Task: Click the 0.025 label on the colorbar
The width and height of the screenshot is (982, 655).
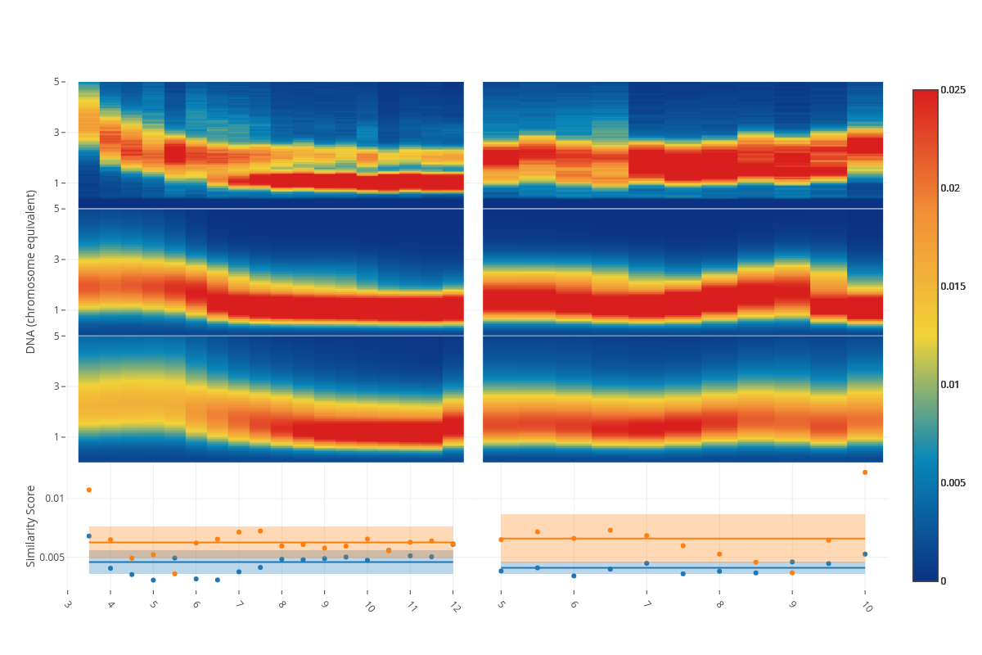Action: coord(954,89)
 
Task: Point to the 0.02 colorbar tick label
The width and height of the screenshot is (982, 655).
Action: coord(951,187)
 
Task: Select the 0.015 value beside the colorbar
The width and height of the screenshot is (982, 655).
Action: coord(954,286)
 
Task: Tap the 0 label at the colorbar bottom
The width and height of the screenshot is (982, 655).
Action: coord(944,580)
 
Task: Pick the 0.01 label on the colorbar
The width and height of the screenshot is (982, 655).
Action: coord(951,384)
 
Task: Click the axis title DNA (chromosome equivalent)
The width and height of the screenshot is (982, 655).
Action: coord(31,271)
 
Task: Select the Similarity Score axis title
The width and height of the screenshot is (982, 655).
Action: coord(31,526)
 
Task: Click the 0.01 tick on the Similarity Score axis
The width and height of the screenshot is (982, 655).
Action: coord(54,499)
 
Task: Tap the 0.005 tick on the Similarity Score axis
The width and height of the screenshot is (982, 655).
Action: coord(52,558)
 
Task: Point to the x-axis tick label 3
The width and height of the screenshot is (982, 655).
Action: coord(68,605)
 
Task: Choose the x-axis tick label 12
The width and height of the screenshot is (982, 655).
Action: coord(454,607)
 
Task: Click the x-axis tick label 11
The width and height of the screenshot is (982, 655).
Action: coord(412,607)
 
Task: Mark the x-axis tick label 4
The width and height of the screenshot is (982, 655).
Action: coord(110,605)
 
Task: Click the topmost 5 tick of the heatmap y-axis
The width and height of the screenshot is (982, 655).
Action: coord(57,82)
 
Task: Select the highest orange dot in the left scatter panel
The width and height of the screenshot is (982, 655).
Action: coord(89,490)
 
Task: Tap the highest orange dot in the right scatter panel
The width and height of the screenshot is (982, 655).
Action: coord(864,472)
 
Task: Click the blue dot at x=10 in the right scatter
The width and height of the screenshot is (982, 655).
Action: coord(864,554)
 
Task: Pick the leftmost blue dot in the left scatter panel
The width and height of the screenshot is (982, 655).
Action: coord(89,536)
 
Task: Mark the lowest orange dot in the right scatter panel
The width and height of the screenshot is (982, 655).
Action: coord(792,572)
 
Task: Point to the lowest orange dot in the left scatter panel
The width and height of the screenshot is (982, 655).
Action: coord(174,573)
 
